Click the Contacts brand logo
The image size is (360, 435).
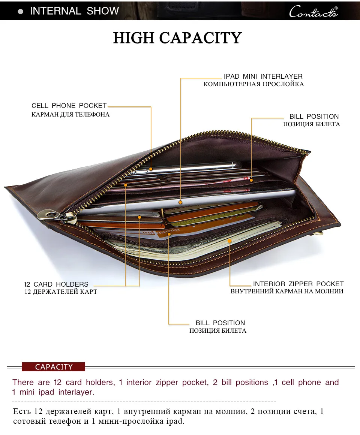313,12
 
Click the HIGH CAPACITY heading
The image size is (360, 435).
177,38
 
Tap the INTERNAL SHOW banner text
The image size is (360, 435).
74,11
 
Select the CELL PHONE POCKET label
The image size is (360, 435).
69,106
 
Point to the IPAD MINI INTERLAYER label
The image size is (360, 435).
263,76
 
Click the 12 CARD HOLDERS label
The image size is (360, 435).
56,284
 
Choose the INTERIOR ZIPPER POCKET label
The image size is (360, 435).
298,284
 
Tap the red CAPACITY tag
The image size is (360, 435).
54,367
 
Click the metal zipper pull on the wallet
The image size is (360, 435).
57,216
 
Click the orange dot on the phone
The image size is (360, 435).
151,169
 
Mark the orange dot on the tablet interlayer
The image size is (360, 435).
180,202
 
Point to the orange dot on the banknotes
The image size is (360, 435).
229,241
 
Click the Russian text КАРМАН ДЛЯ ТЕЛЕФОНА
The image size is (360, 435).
70,114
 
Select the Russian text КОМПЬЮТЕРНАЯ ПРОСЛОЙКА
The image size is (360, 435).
254,84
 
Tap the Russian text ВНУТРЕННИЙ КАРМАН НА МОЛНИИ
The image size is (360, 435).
287,291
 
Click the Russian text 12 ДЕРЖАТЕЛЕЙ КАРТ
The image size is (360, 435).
61,292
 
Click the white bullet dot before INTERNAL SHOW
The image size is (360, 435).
21,12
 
